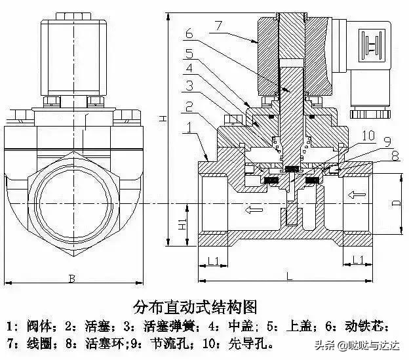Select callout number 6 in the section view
click(x=188, y=33)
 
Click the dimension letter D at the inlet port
click(x=395, y=203)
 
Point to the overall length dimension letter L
click(x=288, y=277)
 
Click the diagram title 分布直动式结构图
click(x=195, y=307)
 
